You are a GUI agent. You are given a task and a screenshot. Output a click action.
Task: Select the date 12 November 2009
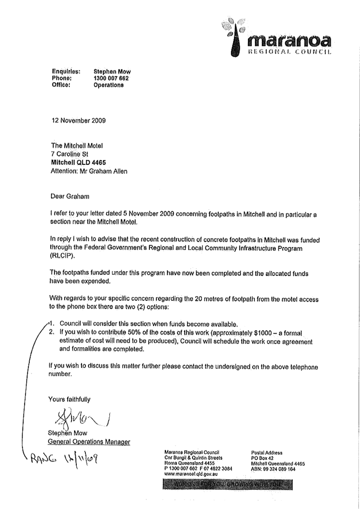point(78,120)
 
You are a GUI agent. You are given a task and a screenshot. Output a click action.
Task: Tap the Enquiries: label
point(66,71)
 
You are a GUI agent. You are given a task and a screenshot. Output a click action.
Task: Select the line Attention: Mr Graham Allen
point(89,171)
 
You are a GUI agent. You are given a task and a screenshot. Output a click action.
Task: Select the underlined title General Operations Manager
point(89,442)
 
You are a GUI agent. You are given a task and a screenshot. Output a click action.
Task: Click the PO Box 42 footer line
point(262,458)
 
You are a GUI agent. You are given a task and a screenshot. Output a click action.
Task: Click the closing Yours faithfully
point(69,399)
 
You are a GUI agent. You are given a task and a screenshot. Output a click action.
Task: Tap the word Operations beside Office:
point(109,85)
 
